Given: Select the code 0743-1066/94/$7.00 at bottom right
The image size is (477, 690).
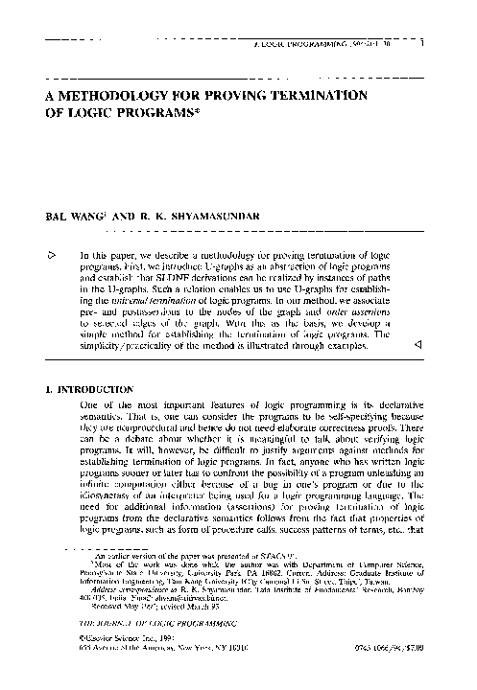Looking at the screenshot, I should (393, 675).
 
